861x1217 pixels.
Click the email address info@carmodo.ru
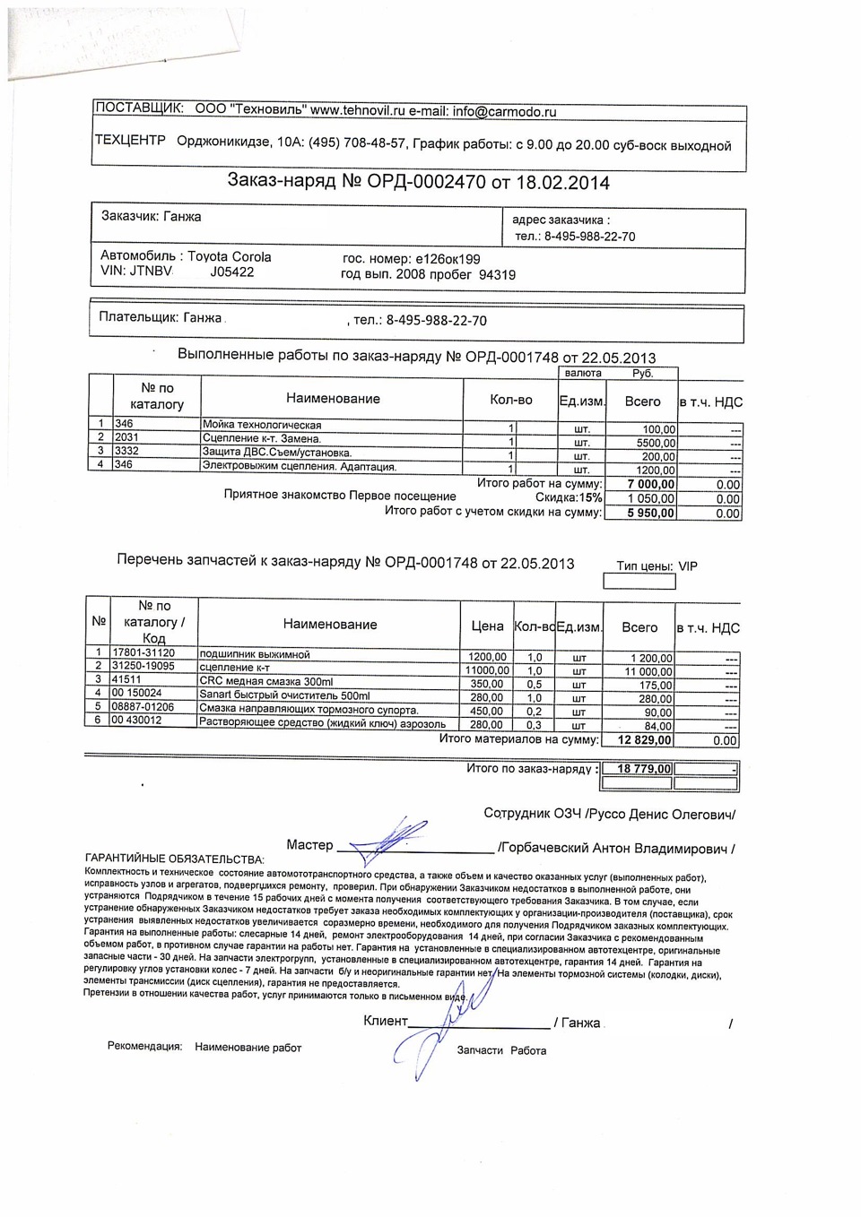click(504, 112)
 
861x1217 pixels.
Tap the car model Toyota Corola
click(230, 256)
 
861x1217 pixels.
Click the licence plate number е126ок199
click(436, 259)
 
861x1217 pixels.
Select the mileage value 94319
click(497, 275)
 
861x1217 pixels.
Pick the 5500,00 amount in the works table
click(656, 443)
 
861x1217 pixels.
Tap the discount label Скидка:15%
click(569, 497)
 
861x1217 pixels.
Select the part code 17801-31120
click(143, 652)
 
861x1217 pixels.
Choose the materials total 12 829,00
click(645, 740)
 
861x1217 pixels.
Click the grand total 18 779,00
click(638, 769)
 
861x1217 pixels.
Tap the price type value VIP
click(688, 566)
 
